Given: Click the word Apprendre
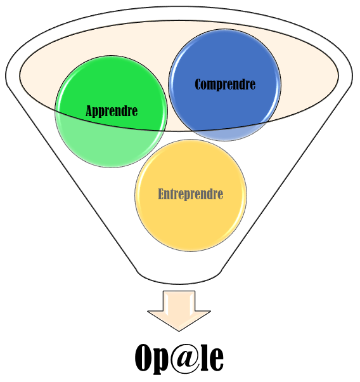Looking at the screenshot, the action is pyautogui.click(x=112, y=111).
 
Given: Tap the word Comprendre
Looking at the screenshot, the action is pyautogui.click(x=225, y=84).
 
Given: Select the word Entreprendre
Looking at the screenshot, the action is pyautogui.click(x=191, y=194).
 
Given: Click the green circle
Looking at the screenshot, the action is pyautogui.click(x=112, y=111).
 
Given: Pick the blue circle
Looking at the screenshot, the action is pyautogui.click(x=225, y=85).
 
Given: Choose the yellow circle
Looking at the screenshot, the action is pyautogui.click(x=191, y=195).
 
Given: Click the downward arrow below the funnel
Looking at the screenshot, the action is pyautogui.click(x=179, y=311).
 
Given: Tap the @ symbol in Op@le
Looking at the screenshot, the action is pyautogui.click(x=184, y=358).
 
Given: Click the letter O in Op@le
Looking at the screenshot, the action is pyautogui.click(x=144, y=358).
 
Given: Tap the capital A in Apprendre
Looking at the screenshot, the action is pyautogui.click(x=90, y=110).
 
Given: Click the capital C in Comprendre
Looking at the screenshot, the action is pyautogui.click(x=198, y=84).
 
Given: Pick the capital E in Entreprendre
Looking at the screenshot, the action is pyautogui.click(x=161, y=194).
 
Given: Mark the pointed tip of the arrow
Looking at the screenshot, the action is pyautogui.click(x=179, y=331).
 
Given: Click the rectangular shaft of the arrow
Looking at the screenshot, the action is pyautogui.click(x=179, y=301).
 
